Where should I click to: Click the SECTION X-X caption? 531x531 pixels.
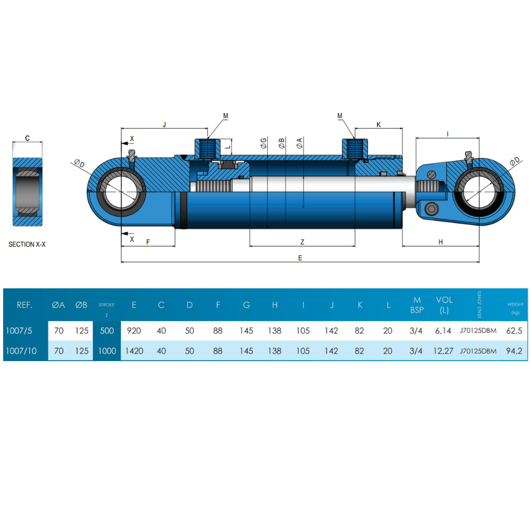27,245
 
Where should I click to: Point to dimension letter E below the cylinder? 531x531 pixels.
300,258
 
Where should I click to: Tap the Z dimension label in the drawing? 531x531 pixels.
302,242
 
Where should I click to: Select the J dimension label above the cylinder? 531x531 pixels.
165,124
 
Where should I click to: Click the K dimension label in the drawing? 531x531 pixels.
379,124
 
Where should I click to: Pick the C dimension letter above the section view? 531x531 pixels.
28,138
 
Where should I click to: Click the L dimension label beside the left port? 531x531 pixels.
227,145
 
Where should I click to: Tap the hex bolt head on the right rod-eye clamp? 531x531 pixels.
431,208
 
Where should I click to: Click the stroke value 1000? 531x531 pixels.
107,351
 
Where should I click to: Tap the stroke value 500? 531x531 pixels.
107,331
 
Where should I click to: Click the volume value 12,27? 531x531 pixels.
444,351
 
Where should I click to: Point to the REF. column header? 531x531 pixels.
24,305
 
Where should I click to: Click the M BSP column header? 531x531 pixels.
416,305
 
